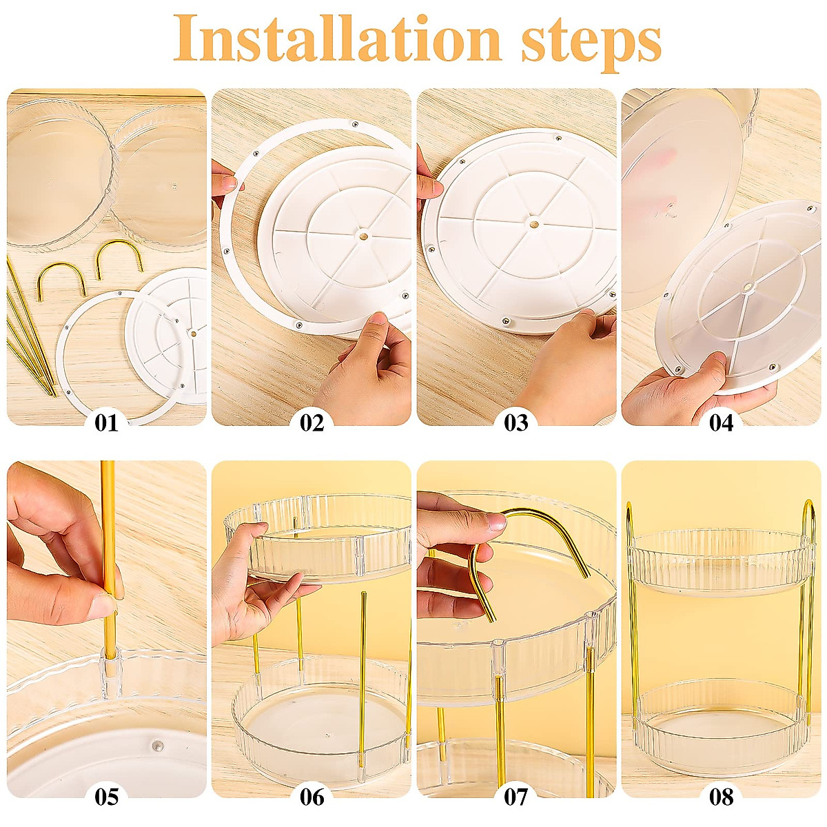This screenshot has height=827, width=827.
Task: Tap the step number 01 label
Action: pyautogui.click(x=106, y=422)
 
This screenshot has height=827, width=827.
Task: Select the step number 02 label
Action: pyautogui.click(x=312, y=422)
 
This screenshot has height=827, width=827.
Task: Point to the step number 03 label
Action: pyautogui.click(x=516, y=422)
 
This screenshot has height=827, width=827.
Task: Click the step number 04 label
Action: pyautogui.click(x=722, y=422)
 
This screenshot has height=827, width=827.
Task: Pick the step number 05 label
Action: pyautogui.click(x=106, y=797)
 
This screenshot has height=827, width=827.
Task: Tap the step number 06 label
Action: pyautogui.click(x=312, y=797)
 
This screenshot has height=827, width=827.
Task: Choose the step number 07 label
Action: pyautogui.click(x=516, y=797)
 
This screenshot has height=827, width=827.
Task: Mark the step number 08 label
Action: pyautogui.click(x=722, y=797)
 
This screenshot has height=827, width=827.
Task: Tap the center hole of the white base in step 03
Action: pyautogui.click(x=533, y=223)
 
